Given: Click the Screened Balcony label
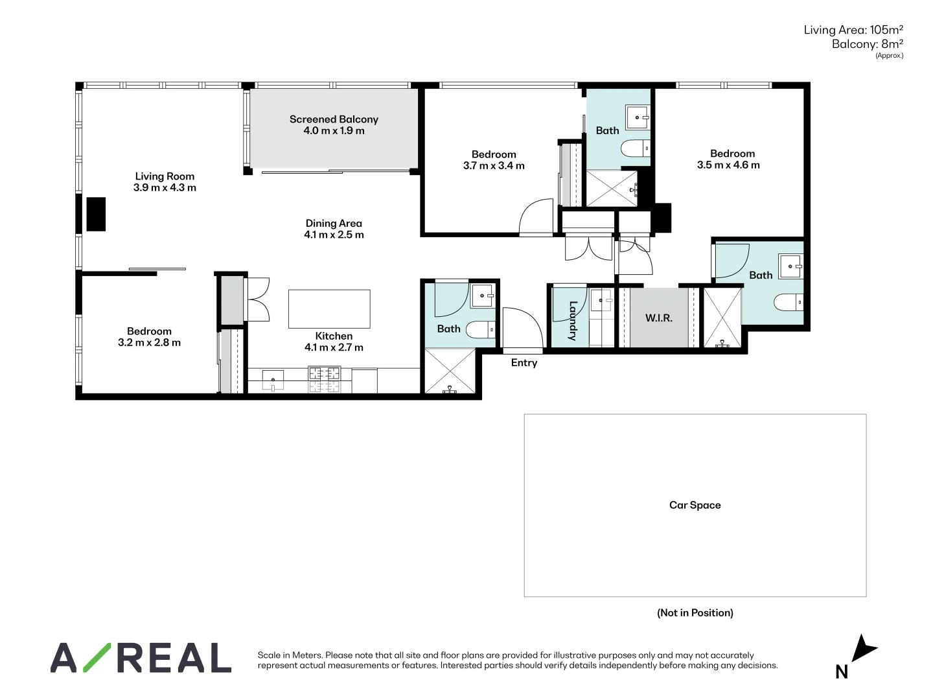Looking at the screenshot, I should point(334,119).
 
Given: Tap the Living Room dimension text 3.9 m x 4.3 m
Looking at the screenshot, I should point(165,188).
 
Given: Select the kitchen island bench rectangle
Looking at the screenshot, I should point(329,309).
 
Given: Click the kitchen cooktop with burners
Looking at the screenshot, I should point(324,379).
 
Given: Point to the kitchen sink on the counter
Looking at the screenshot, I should point(273,380).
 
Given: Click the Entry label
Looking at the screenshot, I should point(524,363).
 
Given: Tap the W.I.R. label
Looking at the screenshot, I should point(658,318).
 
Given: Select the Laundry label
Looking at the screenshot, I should point(573,321).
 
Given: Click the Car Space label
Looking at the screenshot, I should point(695,506).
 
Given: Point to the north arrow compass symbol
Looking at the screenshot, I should point(862,649).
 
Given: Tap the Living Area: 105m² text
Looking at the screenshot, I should point(853,30).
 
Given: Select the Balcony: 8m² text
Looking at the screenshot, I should point(867,44).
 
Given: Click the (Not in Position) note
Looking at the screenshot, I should point(695,613).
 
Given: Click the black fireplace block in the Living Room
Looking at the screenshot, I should point(96,214).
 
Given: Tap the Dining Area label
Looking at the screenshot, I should point(334,224).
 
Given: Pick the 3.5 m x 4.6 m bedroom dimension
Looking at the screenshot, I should point(728,165).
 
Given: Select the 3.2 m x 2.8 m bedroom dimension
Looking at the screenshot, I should point(149,343).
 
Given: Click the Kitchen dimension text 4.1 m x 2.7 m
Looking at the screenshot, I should point(334,348).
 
